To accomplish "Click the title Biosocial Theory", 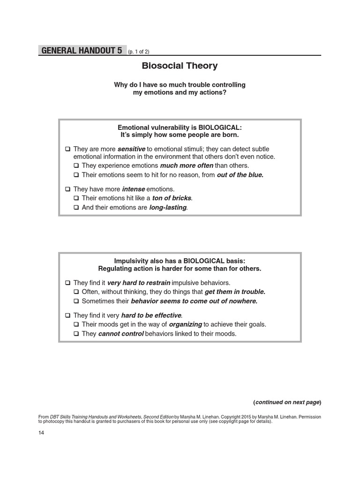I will tap(180, 66).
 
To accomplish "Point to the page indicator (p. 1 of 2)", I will tap(138, 52).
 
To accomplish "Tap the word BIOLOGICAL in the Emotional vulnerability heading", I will tap(220, 127).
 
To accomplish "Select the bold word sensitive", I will tap(131, 149).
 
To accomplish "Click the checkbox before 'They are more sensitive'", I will tap(68, 149).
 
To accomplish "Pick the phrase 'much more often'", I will tap(187, 165).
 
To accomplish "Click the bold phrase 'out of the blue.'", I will tap(240, 175).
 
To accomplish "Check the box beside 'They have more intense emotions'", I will tap(68, 189).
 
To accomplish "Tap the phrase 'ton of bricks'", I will tap(172, 198).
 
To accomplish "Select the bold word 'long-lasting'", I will tap(168, 207).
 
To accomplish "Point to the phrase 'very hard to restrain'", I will tap(139, 283).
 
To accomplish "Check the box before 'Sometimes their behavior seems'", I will tap(76, 301).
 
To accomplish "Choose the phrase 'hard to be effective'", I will tap(151, 315).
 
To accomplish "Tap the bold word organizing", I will tap(185, 324).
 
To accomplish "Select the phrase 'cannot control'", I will tap(121, 334).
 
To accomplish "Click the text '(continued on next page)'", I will tap(287, 402).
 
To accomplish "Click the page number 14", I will tap(41, 432).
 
